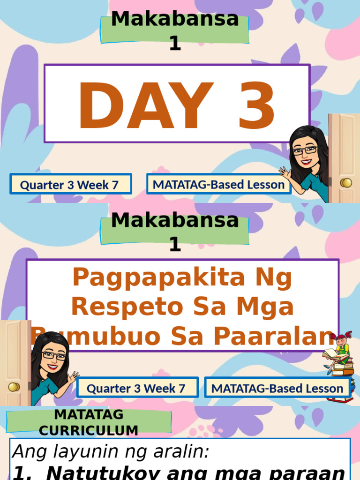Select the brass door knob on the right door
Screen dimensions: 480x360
click(346, 182)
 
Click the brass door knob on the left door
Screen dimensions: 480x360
click(14, 387)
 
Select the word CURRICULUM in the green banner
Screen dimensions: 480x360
click(89, 430)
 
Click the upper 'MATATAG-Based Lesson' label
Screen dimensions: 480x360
click(218, 185)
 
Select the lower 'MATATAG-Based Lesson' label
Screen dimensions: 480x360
click(277, 388)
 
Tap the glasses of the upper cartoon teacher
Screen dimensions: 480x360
click(305, 150)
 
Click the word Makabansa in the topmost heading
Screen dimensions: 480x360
click(175, 20)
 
